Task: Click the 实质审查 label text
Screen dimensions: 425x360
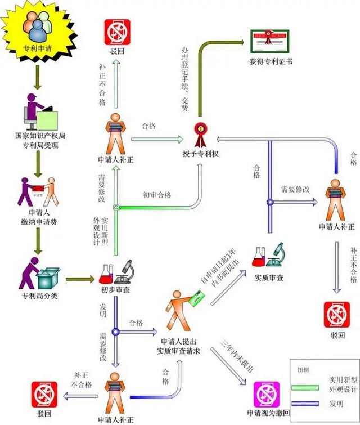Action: (269, 278)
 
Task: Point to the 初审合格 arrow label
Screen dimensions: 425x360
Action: (157, 195)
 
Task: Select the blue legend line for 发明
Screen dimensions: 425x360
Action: (309, 404)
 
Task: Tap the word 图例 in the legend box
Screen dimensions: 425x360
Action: (304, 370)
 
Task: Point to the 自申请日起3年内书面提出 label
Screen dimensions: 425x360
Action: (220, 269)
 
